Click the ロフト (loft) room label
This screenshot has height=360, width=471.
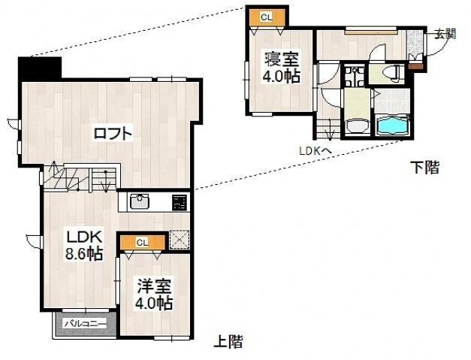113,135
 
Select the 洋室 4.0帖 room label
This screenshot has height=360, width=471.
155,294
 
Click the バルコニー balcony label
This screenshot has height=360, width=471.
84,324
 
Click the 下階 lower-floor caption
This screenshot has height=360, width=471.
424,167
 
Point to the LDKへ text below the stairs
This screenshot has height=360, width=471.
316,150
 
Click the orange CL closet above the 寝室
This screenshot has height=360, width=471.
267,15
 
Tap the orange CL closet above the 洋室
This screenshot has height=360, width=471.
143,242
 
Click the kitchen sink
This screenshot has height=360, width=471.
141,201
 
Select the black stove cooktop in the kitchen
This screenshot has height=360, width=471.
179,202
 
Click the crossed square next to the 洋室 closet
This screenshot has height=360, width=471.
179,241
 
